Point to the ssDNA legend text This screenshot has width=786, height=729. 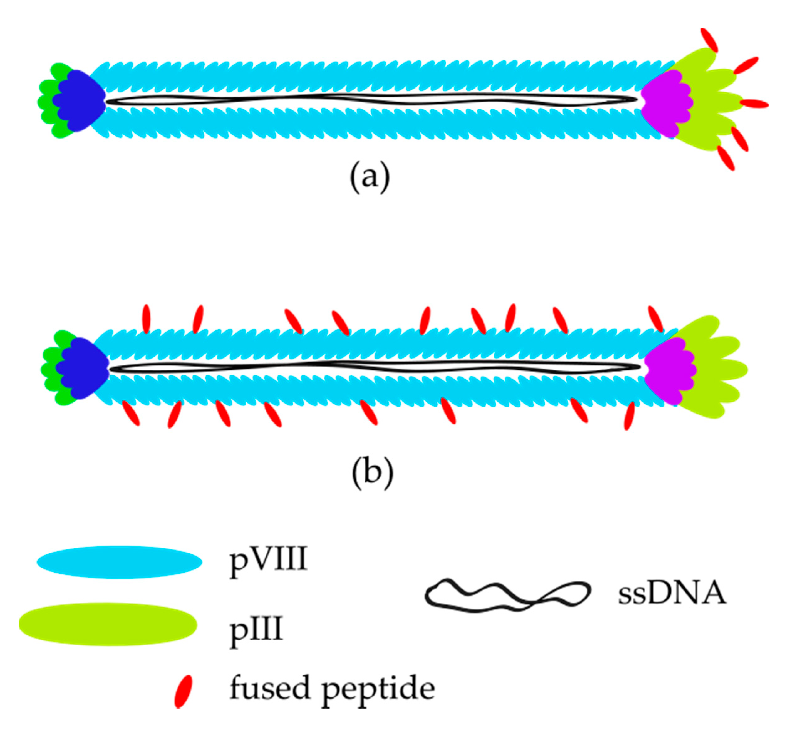(x=671, y=594)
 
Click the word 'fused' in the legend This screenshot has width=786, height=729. (x=270, y=688)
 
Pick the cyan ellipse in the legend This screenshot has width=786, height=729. (x=119, y=562)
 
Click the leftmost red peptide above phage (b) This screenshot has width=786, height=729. (x=146, y=319)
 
